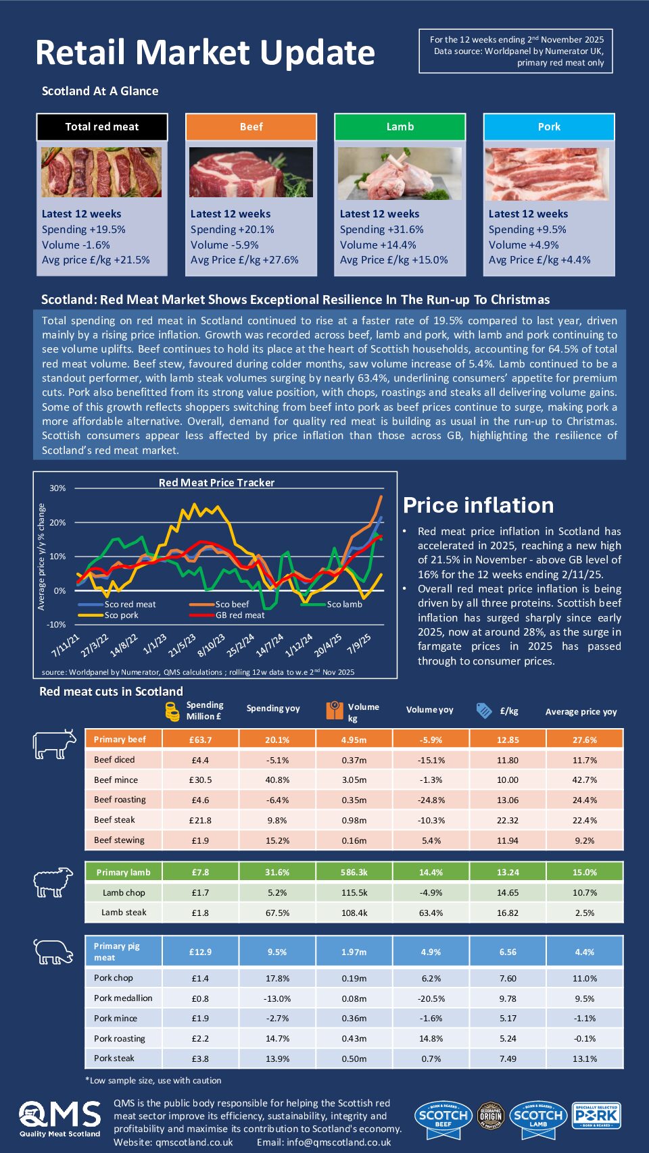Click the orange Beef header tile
[x=251, y=126]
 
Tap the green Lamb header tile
[x=400, y=126]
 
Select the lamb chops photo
[x=400, y=174]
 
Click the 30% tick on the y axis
[x=57, y=488]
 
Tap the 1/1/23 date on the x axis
[x=155, y=644]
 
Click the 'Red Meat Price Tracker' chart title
[x=216, y=482]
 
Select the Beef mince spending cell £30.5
[x=200, y=779]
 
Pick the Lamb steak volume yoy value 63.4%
[x=431, y=913]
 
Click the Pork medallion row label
[x=123, y=998]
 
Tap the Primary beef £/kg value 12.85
[x=508, y=740]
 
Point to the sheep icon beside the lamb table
[x=53, y=882]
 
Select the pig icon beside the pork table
[x=53, y=952]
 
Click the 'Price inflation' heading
[x=478, y=505]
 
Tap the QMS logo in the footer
[x=59, y=1119]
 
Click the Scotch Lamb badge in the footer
[x=538, y=1115]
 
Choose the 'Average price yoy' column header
[x=581, y=711]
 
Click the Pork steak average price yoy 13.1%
[x=584, y=1058]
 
